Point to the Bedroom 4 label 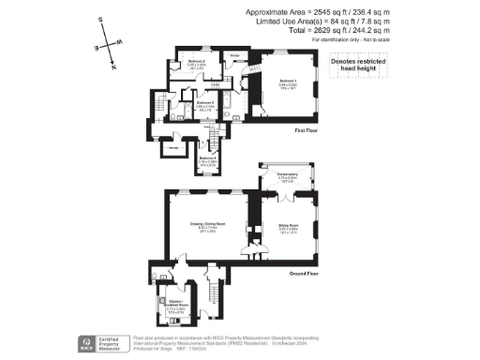(208, 160)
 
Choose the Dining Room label (287, 227)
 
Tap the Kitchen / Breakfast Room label (177, 305)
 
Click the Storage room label (173, 146)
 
